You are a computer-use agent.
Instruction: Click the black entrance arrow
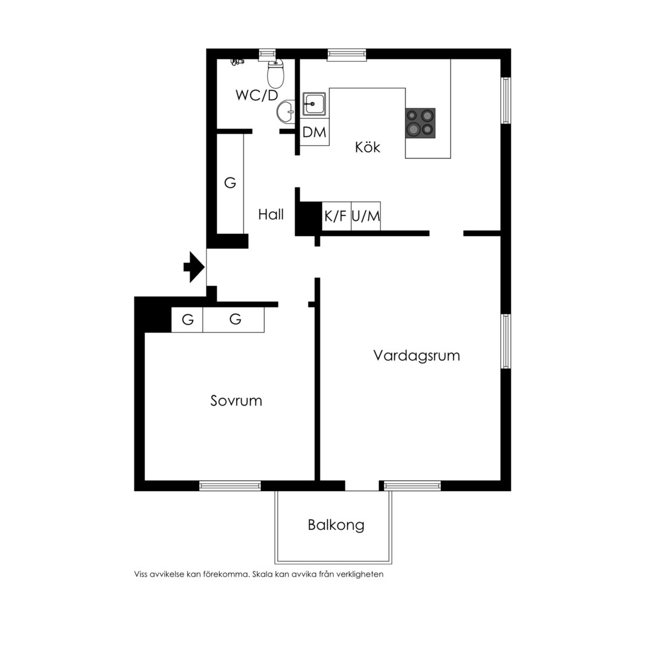point(194,267)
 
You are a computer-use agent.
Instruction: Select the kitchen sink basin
point(314,104)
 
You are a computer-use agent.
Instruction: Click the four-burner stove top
point(420,123)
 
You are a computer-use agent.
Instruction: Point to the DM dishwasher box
point(314,132)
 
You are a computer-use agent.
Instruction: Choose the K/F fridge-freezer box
point(336,216)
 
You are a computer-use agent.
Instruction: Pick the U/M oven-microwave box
point(366,216)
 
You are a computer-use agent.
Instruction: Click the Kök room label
point(368,147)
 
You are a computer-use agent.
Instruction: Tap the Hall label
point(271,214)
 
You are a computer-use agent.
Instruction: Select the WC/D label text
point(257,95)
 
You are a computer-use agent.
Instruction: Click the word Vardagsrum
point(416,356)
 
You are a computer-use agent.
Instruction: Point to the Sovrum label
point(236,401)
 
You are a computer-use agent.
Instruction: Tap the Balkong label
point(335,525)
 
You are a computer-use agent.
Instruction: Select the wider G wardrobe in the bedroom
point(234,320)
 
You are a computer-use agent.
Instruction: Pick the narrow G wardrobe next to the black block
point(187,320)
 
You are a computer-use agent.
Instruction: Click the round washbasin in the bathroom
point(285,112)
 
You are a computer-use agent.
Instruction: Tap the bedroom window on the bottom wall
point(230,486)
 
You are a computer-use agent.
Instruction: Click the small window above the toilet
point(268,54)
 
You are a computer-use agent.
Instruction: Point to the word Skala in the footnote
point(262,574)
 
